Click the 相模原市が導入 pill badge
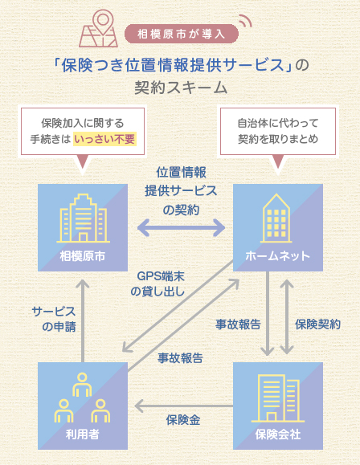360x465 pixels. click(182, 34)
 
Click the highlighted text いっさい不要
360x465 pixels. click(104, 139)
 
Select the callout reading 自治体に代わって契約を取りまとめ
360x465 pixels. click(278, 131)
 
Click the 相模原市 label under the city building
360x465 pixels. click(83, 256)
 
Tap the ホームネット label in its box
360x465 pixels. click(278, 256)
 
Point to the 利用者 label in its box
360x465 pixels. click(83, 434)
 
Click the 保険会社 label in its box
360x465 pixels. click(278, 434)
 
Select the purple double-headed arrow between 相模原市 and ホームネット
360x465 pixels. click(181, 228)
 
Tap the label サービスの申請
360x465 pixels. click(54, 319)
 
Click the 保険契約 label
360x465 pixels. click(317, 324)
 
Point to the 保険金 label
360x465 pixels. click(183, 420)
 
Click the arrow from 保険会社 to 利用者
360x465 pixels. click(184, 406)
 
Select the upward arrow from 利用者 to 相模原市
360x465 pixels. click(83, 320)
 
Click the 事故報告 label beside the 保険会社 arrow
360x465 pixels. click(238, 324)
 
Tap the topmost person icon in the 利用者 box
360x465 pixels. click(82, 385)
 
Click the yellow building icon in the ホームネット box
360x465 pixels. click(276, 218)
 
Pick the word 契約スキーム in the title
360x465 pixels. click(181, 88)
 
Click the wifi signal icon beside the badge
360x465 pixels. click(246, 21)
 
